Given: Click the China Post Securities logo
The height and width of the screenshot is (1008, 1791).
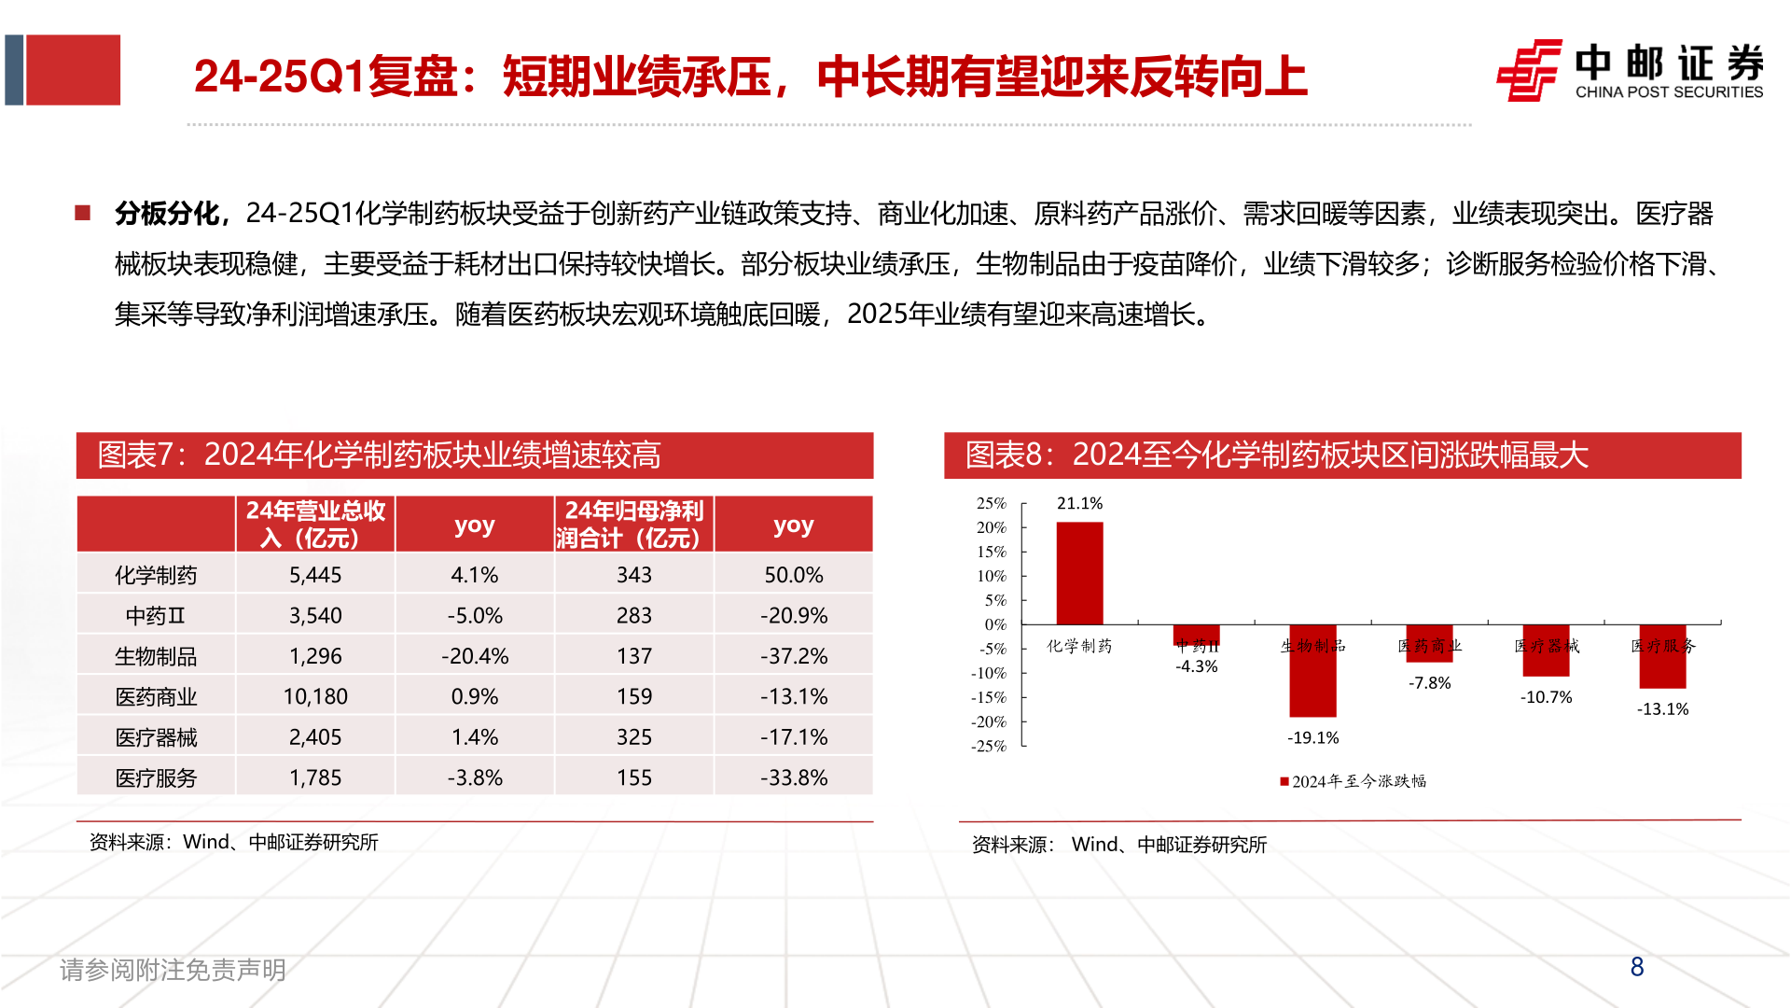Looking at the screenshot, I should [x=1629, y=70].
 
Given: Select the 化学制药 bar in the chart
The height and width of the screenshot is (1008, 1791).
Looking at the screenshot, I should [x=1079, y=573].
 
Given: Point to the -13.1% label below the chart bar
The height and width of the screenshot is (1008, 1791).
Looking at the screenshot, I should [x=1662, y=709].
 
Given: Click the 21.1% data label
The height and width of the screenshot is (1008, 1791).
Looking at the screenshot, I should [x=1079, y=503].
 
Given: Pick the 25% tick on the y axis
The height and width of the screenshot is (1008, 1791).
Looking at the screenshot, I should [x=992, y=503].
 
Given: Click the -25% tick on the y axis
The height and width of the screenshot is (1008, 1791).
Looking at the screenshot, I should [x=989, y=746].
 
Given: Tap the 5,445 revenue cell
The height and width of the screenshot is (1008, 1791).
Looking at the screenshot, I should [x=315, y=575].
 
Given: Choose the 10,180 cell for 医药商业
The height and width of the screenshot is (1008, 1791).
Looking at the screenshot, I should [x=315, y=696].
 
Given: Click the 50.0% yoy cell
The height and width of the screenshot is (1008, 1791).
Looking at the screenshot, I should [x=794, y=575].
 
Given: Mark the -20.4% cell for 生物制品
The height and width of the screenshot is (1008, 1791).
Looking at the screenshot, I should [x=475, y=656].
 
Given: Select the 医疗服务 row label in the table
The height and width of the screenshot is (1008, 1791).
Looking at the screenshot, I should [x=156, y=777].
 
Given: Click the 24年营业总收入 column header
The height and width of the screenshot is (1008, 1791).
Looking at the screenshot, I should [x=315, y=524].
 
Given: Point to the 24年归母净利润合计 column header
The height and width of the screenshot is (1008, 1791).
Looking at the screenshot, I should [x=634, y=524].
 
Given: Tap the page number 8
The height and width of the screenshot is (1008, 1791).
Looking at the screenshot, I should [x=1637, y=967].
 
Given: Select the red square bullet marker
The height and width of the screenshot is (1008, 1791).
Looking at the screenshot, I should [x=83, y=213].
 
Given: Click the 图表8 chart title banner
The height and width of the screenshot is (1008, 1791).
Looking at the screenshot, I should [x=1341, y=455].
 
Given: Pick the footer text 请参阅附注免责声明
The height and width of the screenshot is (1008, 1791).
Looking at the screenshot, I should [x=173, y=970].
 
